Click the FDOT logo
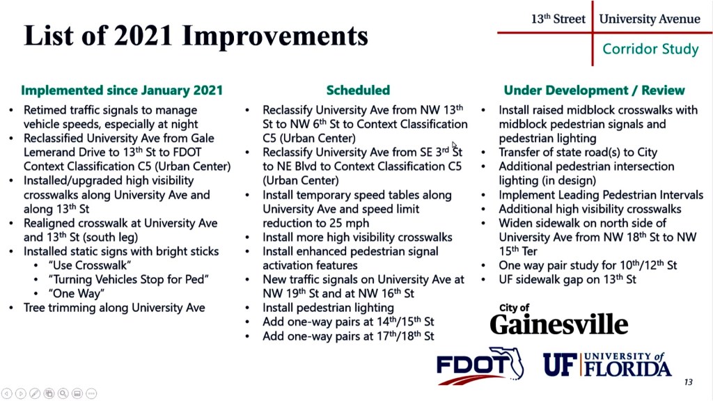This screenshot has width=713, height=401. (x=480, y=366)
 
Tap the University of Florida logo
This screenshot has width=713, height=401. (x=607, y=365)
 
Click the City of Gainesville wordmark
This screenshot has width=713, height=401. (x=559, y=320)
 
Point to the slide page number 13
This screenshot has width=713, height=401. (x=689, y=382)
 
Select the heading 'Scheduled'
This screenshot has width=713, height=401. (x=358, y=90)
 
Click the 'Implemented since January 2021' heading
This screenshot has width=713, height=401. (x=122, y=90)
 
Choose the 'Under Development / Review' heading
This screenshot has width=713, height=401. (x=594, y=90)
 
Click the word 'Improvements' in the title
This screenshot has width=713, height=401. (x=275, y=36)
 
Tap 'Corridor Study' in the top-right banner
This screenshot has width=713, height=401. (x=650, y=49)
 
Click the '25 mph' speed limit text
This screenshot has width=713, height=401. (x=350, y=223)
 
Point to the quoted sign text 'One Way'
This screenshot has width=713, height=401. (x=77, y=294)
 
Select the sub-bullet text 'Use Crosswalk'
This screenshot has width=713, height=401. (x=90, y=265)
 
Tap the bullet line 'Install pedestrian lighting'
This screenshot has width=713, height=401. (x=328, y=308)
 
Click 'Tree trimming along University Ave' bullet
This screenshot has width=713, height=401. (x=114, y=308)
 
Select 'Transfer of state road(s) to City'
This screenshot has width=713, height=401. (x=578, y=152)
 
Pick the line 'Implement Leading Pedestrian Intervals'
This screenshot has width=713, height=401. (x=601, y=195)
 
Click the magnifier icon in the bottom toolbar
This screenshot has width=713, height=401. (x=63, y=393)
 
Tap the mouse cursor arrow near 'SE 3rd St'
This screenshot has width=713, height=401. (x=455, y=146)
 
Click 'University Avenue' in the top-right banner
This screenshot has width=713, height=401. (x=650, y=19)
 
